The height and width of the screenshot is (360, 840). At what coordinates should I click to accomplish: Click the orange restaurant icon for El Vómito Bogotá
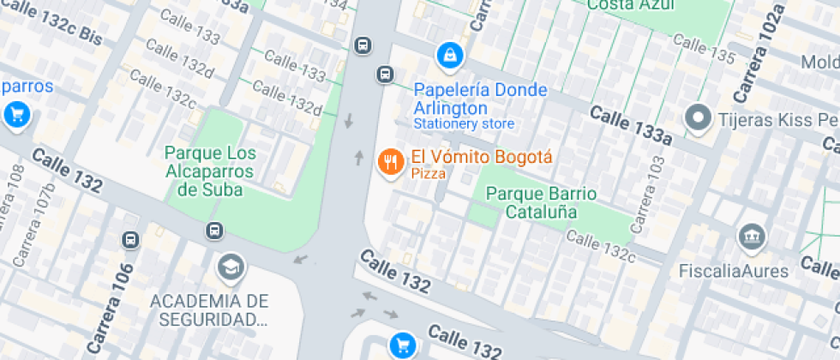[x=391, y=161]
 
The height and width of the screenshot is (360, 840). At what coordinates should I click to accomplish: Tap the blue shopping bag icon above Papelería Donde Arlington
[x=448, y=57]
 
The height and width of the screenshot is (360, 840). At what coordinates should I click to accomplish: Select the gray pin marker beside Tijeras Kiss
[x=699, y=118]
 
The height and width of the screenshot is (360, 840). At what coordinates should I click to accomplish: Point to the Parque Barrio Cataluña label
[x=541, y=202]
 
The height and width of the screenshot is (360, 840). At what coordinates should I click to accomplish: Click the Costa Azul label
[x=626, y=6]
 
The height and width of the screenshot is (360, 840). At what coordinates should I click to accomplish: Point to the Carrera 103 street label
[x=648, y=195]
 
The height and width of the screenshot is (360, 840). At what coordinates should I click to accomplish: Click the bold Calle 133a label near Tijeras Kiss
[x=630, y=125]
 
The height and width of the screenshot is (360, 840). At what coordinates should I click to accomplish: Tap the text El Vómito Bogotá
[x=482, y=158]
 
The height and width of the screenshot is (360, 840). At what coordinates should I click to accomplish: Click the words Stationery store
[x=464, y=124]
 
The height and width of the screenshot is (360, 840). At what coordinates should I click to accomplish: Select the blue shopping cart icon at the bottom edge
[x=402, y=345]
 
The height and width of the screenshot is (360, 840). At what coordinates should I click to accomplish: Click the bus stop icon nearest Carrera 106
[x=131, y=240]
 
